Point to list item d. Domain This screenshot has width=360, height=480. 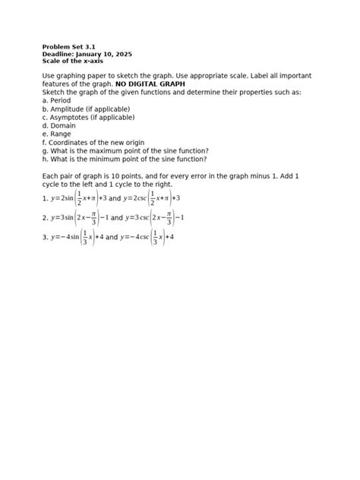point(58,125)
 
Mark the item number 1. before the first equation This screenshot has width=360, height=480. point(46,197)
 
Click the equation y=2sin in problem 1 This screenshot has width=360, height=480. point(86,197)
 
